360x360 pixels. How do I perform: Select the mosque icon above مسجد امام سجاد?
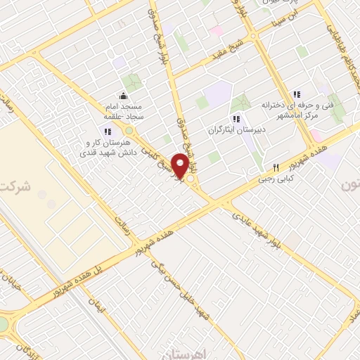[x=124, y=96]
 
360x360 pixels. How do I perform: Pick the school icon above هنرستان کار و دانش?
[x=107, y=131]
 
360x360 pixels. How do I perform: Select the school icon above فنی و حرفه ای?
[x=296, y=94]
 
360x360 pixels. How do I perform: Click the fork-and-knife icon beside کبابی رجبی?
[x=276, y=168]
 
